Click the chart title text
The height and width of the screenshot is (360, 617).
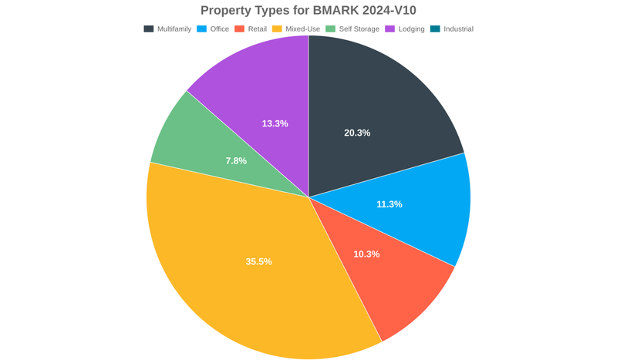coord(308,10)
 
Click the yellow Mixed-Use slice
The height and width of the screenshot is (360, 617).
coord(247,278)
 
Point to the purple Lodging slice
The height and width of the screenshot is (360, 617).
coord(255,93)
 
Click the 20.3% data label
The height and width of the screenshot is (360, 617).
coord(357,133)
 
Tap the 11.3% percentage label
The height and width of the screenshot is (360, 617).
coord(389,204)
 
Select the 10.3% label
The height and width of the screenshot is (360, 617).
coord(366,254)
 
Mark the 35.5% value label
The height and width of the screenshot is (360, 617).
coord(259,261)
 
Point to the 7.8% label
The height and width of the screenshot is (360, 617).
coord(236,161)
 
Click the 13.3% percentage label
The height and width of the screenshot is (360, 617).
coord(275,123)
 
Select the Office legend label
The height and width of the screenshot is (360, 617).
coord(219,29)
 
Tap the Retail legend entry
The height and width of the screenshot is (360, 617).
coord(257,29)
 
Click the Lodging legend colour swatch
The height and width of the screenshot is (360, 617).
coord(390,29)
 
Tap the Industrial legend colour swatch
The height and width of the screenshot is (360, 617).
coord(435,29)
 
